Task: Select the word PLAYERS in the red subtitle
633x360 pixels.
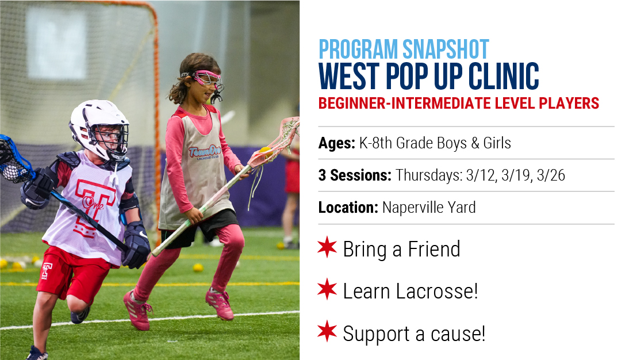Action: (569, 104)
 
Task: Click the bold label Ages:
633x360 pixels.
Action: (337, 143)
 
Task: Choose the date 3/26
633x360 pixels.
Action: (551, 175)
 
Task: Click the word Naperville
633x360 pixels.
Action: (409, 208)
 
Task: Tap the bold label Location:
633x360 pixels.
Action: (348, 208)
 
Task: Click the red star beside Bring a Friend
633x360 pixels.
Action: (327, 247)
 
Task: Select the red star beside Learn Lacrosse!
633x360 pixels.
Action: (327, 289)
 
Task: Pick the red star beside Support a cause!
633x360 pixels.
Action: (327, 331)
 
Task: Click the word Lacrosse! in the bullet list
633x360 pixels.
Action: (437, 291)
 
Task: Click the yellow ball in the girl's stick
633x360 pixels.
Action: (265, 151)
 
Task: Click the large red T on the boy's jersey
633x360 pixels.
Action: (94, 206)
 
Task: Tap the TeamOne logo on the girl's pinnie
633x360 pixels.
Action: (205, 152)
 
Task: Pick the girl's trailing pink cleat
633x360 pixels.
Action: (137, 310)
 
